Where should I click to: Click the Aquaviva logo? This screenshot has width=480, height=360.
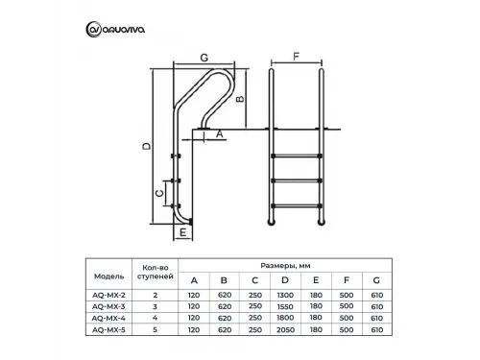click(x=115, y=30)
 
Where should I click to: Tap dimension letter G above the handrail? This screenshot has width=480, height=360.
click(x=204, y=58)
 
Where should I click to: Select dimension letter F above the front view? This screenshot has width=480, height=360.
click(x=297, y=57)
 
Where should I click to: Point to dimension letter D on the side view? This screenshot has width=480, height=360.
click(x=147, y=146)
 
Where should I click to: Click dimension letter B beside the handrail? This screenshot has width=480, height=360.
click(x=240, y=99)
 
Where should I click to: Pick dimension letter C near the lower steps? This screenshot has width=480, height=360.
click(x=159, y=193)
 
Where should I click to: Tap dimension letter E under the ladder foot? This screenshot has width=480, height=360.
click(x=183, y=232)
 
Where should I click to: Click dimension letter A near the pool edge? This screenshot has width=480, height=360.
click(x=220, y=133)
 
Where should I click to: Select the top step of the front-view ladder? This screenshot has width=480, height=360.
click(x=297, y=156)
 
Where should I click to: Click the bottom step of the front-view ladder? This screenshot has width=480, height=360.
click(x=297, y=205)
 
